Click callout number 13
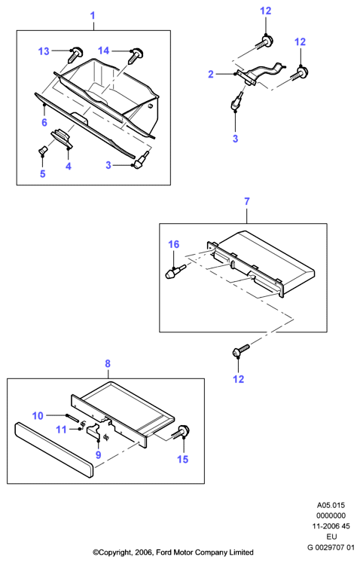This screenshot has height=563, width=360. point(44,51)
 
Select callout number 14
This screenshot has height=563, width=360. point(103,50)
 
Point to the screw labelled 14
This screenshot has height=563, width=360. point(136,54)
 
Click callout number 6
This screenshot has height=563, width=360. point(44,122)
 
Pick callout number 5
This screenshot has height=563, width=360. point(43,174)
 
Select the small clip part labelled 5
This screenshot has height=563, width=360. point(42,150)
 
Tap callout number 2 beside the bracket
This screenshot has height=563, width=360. point(211,75)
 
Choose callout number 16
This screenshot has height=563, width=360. point(174,244)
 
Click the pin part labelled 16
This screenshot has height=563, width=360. point(175,271)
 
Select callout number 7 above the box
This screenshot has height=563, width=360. point(247,202)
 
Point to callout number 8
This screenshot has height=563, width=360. point(108,364)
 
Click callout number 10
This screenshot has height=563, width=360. point(38,416)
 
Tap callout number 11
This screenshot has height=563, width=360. point(61,430)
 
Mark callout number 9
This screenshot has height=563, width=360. point(99,455)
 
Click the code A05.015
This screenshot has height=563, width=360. point(331,505)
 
